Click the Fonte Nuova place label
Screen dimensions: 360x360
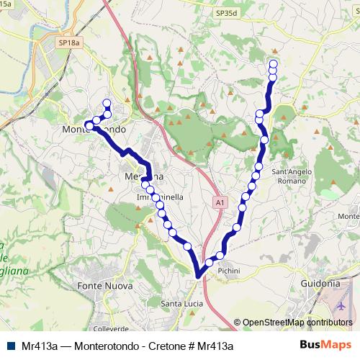(x=111, y=286)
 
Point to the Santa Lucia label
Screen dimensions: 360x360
(x=179, y=302)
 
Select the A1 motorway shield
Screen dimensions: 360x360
(x=217, y=204)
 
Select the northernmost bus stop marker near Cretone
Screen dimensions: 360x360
(x=273, y=63)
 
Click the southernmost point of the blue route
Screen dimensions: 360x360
(x=199, y=274)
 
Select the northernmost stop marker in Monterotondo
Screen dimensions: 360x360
(x=107, y=102)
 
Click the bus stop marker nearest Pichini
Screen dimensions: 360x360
(x=220, y=256)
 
